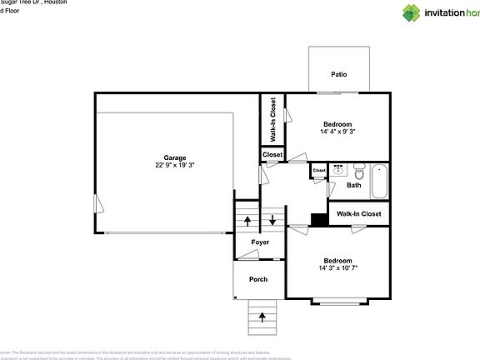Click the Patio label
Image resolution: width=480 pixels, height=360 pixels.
click(338, 75)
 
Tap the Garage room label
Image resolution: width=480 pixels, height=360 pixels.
click(174, 157)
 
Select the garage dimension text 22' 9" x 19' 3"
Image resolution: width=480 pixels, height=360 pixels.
click(174, 166)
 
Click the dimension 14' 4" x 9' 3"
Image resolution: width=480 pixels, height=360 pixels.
click(338, 132)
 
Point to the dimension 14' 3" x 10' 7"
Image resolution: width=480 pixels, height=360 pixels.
click(337, 268)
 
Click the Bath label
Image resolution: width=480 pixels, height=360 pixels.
click(354, 185)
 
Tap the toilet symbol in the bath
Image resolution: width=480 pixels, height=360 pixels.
click(358, 172)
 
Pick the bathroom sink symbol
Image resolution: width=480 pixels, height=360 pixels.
click(339, 172)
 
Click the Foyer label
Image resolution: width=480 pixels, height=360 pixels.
click(259, 242)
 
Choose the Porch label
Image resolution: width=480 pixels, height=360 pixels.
click(258, 279)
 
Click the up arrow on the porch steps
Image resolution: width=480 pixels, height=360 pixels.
click(263, 317)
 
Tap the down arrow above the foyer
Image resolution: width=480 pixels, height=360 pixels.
click(272, 222)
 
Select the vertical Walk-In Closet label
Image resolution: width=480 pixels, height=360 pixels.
click(272, 120)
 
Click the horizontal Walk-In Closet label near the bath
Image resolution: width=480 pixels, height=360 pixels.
click(358, 214)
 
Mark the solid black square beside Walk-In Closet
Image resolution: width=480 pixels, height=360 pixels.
click(318, 219)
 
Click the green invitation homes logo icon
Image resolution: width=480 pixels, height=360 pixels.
click(412, 12)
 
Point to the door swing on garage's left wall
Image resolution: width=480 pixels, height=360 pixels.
click(99, 203)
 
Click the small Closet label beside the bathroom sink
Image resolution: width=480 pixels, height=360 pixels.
click(319, 171)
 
